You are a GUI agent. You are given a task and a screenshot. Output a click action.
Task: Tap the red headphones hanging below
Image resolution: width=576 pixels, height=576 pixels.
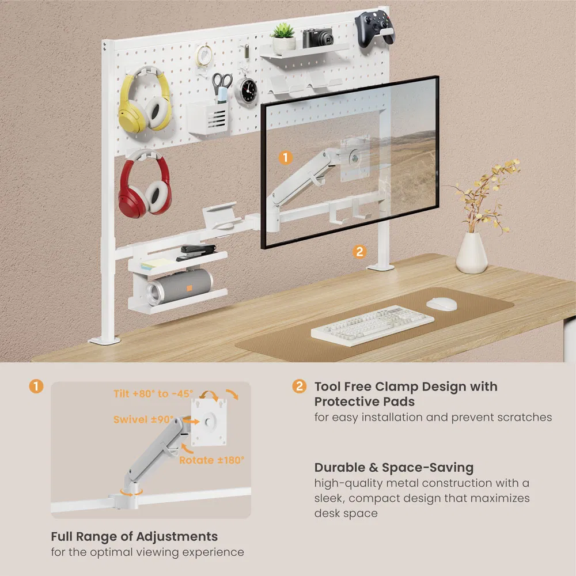pos(145,187)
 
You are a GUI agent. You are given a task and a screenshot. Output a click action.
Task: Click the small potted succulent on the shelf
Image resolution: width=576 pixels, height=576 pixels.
pos(283,39)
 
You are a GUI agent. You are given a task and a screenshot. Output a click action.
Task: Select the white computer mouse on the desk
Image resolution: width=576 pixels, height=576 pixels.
pos(442,303)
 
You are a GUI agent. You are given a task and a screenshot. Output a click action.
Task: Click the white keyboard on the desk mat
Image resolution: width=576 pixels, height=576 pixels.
pos(373,324)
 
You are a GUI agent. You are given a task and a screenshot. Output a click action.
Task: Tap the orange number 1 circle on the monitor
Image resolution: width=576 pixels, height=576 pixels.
pos(286,157)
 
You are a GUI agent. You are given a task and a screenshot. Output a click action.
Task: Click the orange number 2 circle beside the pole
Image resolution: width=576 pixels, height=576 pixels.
pos(359,251)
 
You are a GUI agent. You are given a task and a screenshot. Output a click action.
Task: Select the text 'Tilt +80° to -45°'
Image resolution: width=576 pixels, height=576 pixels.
pos(153,393)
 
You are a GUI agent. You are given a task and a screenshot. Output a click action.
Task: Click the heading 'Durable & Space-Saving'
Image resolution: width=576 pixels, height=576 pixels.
pos(394,467)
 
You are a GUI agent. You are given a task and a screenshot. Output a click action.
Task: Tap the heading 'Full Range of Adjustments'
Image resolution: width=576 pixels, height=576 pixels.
pos(134,536)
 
